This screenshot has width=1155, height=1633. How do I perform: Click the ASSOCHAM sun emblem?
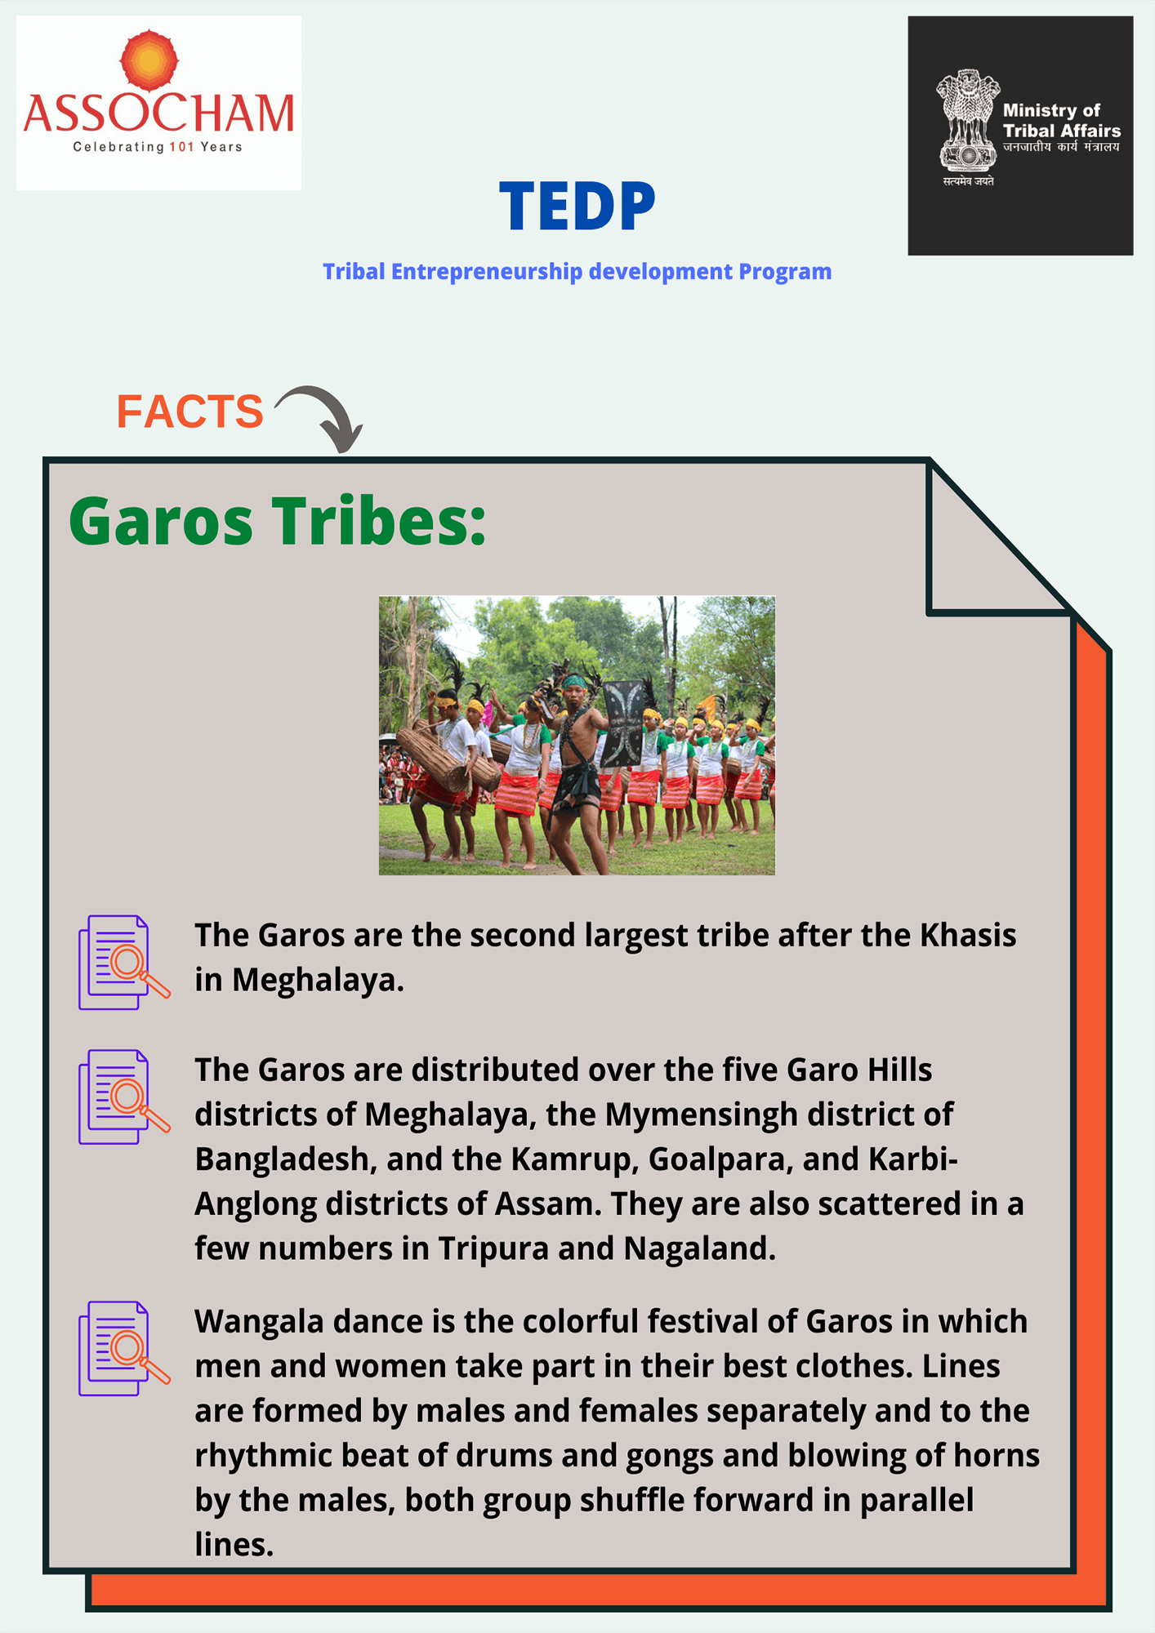(x=149, y=60)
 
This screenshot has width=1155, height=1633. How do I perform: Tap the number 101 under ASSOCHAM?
(x=181, y=147)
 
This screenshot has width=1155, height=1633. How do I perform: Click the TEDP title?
(x=577, y=207)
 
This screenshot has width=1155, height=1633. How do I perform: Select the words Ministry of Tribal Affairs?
(x=1061, y=120)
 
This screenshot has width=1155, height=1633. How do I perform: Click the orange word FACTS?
(x=190, y=411)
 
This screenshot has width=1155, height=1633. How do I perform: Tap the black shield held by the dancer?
(x=622, y=723)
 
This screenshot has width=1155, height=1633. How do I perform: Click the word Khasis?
(x=968, y=935)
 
